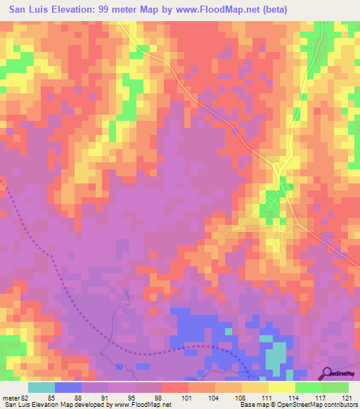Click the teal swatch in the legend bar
41,387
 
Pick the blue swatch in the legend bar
68,387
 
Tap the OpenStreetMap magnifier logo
327,374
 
